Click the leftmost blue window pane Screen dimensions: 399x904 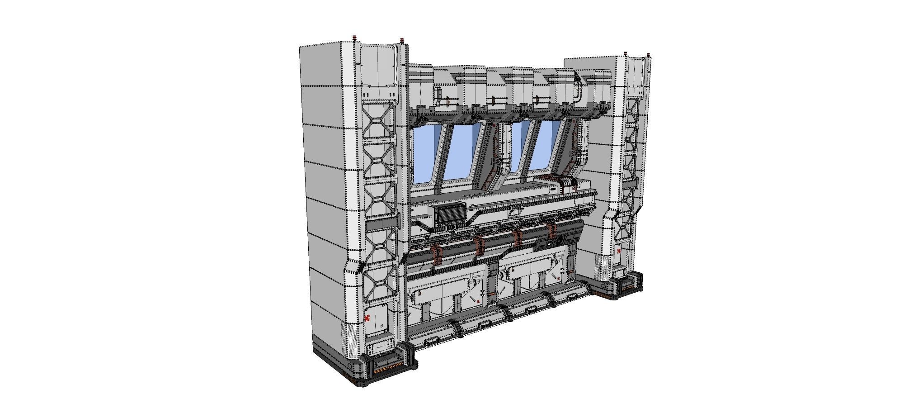point(425,154)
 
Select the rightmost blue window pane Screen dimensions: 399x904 point(544,147)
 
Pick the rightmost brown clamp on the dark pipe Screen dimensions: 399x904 point(551,230)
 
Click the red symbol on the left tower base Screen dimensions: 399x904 point(367,318)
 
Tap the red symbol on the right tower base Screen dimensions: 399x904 point(618,251)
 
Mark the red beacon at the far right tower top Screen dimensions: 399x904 point(650,56)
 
